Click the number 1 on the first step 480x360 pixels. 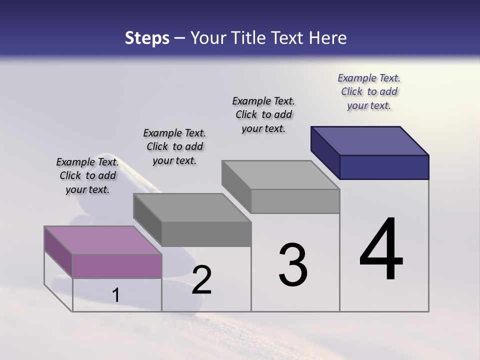click(116, 295)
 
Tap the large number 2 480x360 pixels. click(201, 280)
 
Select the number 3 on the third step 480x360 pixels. click(293, 265)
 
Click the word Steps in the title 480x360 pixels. click(147, 38)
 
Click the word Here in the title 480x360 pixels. click(329, 38)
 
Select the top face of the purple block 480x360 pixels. click(103, 240)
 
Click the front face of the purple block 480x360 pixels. click(117, 266)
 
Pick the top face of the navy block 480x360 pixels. click(370, 140)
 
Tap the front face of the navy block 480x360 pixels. click(384, 167)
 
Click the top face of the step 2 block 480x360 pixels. click(192, 207)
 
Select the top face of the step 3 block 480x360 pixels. click(281, 175)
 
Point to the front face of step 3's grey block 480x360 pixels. click(295, 201)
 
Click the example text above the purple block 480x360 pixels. click(87, 175)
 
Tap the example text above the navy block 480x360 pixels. click(369, 91)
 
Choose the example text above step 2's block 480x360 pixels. click(174, 146)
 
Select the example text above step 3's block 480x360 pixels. click(263, 114)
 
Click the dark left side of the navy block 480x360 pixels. click(325, 152)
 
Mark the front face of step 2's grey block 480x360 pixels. click(206, 234)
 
